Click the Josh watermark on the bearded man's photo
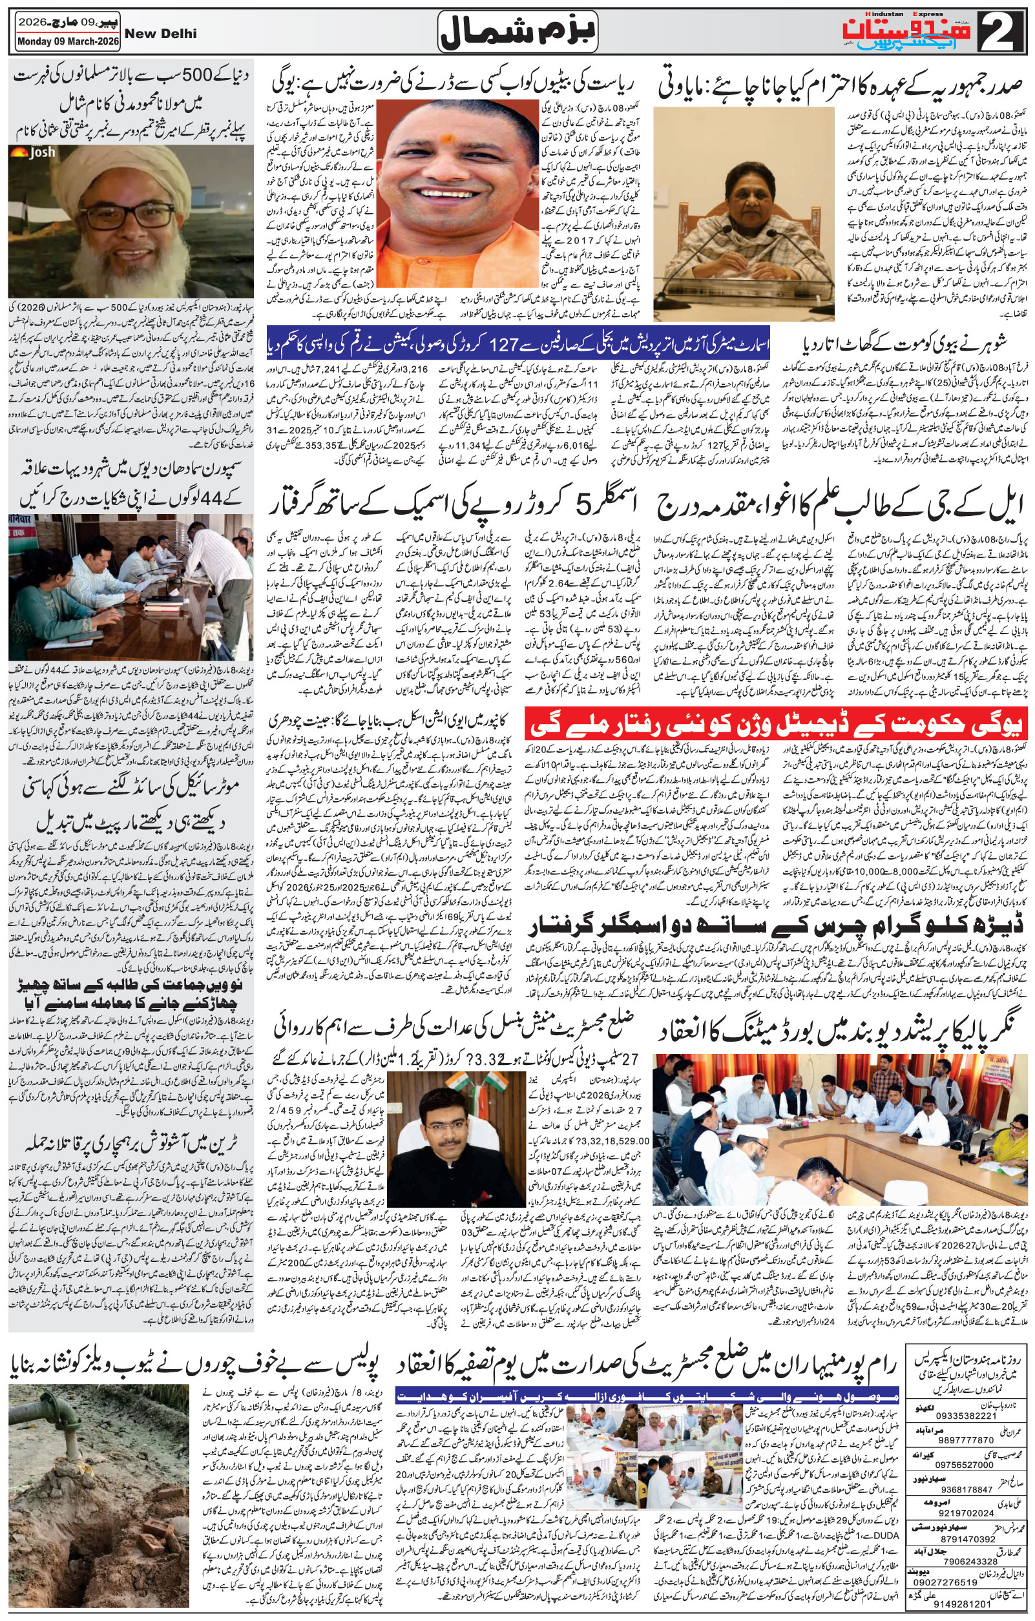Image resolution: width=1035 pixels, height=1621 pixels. (41, 152)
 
